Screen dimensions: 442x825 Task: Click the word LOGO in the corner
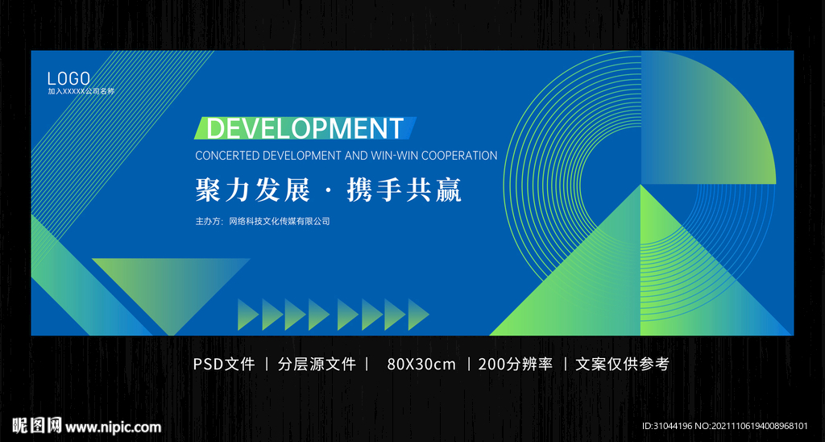coord(68,78)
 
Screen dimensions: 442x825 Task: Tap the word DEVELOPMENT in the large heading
coord(305,128)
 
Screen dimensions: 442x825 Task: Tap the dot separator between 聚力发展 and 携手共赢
coord(328,192)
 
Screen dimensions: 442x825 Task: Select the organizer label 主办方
coord(209,221)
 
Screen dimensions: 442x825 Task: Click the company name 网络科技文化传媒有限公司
coord(280,221)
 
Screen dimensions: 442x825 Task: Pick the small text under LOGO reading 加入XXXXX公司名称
coord(81,91)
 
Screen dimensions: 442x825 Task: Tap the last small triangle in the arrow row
coord(417,315)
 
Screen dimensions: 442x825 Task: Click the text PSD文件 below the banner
coord(224,364)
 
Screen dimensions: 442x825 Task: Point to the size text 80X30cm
coord(421,364)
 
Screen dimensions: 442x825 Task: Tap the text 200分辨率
coord(516,364)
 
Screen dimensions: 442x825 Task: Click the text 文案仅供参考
coord(622,364)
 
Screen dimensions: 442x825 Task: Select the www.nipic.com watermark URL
coord(113,427)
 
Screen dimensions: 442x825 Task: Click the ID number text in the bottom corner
coord(724,427)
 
